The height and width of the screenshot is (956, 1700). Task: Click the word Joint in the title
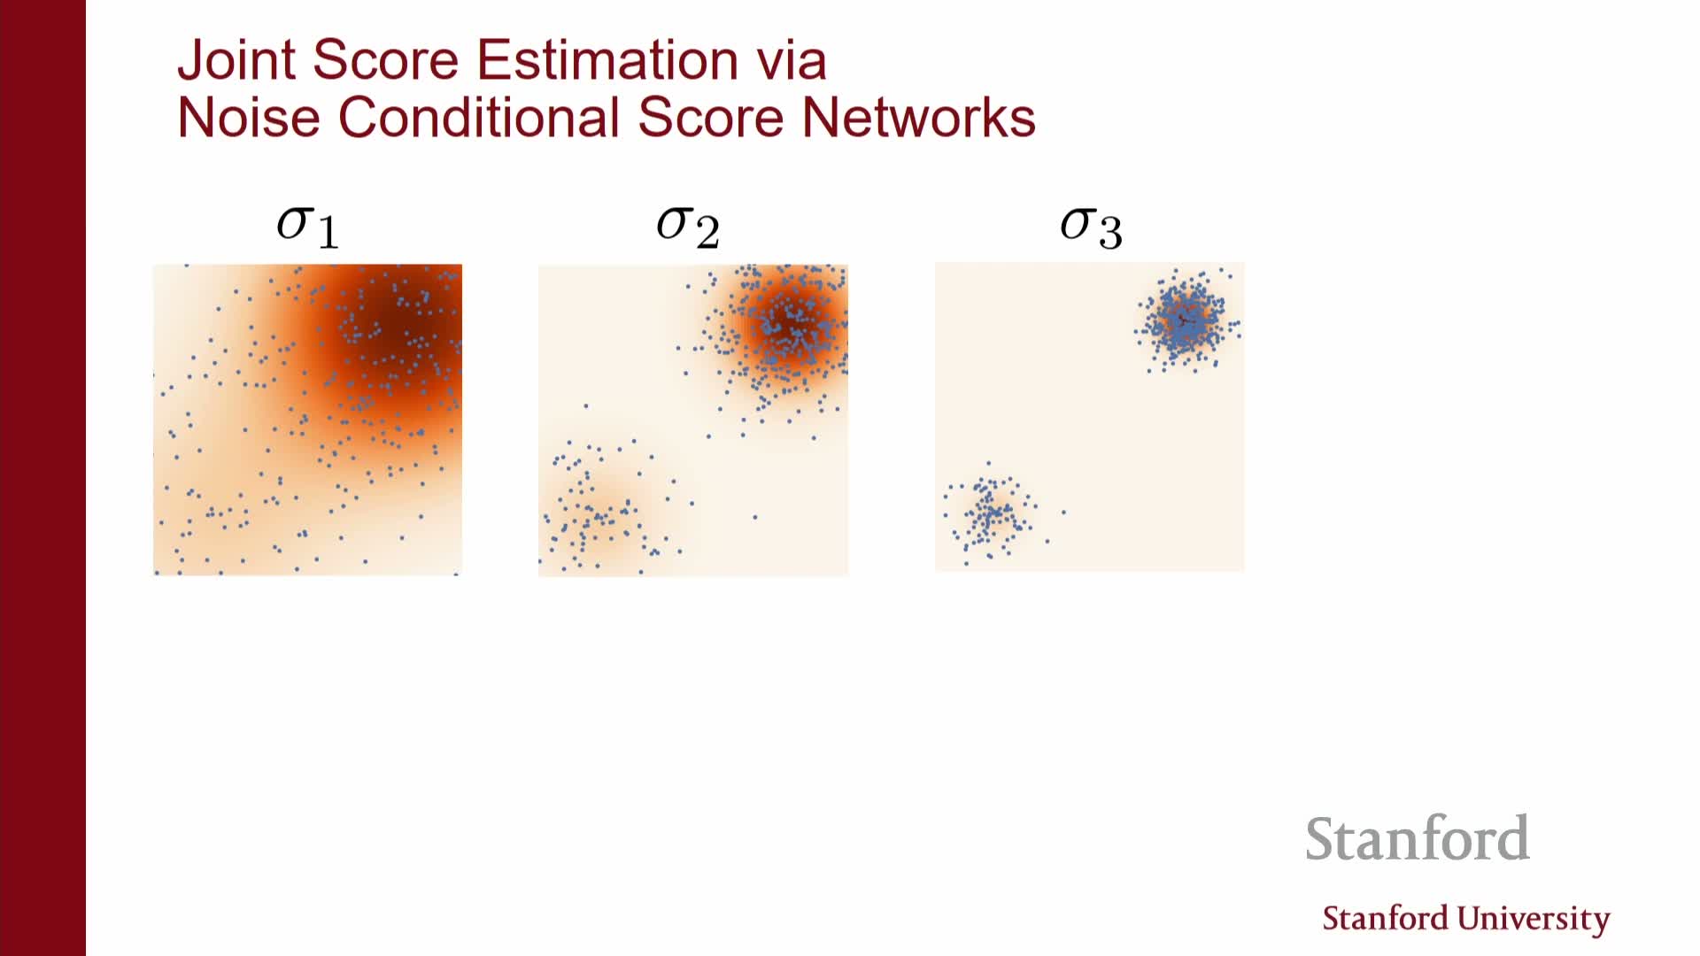tap(236, 60)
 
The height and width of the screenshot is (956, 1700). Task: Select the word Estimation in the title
tap(607, 60)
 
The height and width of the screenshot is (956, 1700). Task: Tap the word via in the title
tap(792, 60)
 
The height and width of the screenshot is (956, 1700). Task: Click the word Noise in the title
tap(249, 117)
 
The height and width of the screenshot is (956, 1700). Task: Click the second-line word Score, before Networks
tap(710, 117)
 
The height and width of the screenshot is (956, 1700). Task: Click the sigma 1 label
tap(307, 227)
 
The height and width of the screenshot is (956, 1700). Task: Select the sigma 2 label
tap(688, 227)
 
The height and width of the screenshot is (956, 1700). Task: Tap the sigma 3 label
tap(1091, 227)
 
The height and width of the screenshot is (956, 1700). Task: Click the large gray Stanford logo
tap(1417, 838)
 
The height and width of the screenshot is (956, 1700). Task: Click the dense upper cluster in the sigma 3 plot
tap(1186, 320)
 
